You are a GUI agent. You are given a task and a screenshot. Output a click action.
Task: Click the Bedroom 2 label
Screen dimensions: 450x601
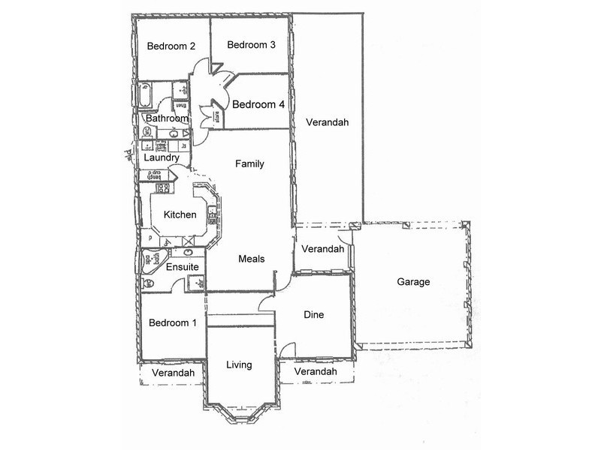[171, 46]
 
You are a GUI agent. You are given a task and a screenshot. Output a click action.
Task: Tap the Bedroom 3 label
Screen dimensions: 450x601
[252, 45]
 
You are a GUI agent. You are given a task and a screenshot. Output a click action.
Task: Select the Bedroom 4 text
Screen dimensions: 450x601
[258, 105]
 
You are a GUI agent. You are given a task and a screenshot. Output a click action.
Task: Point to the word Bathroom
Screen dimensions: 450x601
[167, 118]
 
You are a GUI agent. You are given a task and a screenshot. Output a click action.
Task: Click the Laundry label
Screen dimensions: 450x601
[162, 158]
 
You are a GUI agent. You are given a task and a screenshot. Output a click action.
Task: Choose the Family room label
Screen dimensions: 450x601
[249, 163]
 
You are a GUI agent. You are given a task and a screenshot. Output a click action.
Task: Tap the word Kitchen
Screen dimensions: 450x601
[180, 215]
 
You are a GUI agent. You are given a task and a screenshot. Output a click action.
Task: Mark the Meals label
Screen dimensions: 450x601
[252, 259]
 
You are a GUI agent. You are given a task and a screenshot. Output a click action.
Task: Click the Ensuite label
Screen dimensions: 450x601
[183, 267]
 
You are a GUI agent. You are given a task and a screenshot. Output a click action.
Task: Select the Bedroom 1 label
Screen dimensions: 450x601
[172, 323]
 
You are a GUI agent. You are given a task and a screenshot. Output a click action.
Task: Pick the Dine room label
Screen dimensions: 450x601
[314, 315]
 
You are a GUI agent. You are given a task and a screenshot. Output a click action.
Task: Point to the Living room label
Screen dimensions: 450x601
[239, 365]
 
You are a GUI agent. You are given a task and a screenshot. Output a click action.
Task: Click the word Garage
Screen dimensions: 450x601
[413, 282]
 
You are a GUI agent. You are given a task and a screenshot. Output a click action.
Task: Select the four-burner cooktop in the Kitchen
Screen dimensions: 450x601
[160, 187]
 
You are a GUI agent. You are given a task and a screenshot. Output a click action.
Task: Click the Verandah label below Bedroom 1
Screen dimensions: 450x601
[173, 373]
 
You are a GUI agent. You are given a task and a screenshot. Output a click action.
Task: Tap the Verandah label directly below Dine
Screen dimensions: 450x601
[316, 372]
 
